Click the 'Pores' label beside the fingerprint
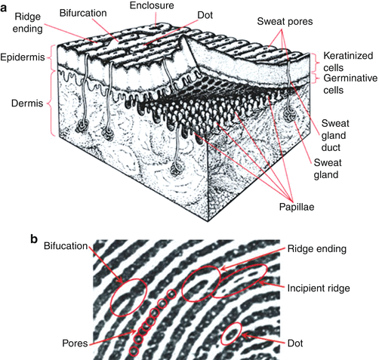point(69,343)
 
